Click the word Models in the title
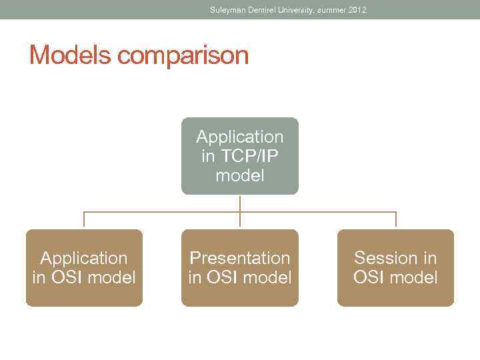pos(70,55)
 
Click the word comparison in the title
pos(183,56)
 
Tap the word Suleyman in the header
pos(228,10)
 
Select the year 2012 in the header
pos(357,10)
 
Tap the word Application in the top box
pos(240,137)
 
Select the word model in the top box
pos(240,176)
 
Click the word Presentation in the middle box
pos(240,258)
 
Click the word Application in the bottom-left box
pos(84,258)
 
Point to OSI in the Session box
pos(367,277)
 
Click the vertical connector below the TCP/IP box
pos(240,203)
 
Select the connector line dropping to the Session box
pos(396,220)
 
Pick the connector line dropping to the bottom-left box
pos(84,220)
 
